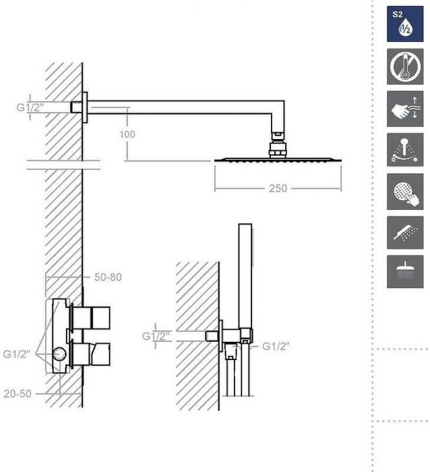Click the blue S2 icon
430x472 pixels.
[404, 24]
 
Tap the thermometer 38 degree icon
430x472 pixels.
[404, 66]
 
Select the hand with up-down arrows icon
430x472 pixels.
[404, 108]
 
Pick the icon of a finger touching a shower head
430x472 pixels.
[404, 191]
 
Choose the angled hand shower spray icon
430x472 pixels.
[404, 233]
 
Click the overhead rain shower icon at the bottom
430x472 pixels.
[404, 271]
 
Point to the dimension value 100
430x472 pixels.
[127, 134]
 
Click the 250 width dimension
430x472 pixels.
[278, 188]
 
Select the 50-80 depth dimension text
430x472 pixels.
[108, 277]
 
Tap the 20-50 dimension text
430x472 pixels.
[17, 394]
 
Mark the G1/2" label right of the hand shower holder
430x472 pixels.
[275, 347]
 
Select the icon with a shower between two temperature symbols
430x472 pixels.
[404, 150]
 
